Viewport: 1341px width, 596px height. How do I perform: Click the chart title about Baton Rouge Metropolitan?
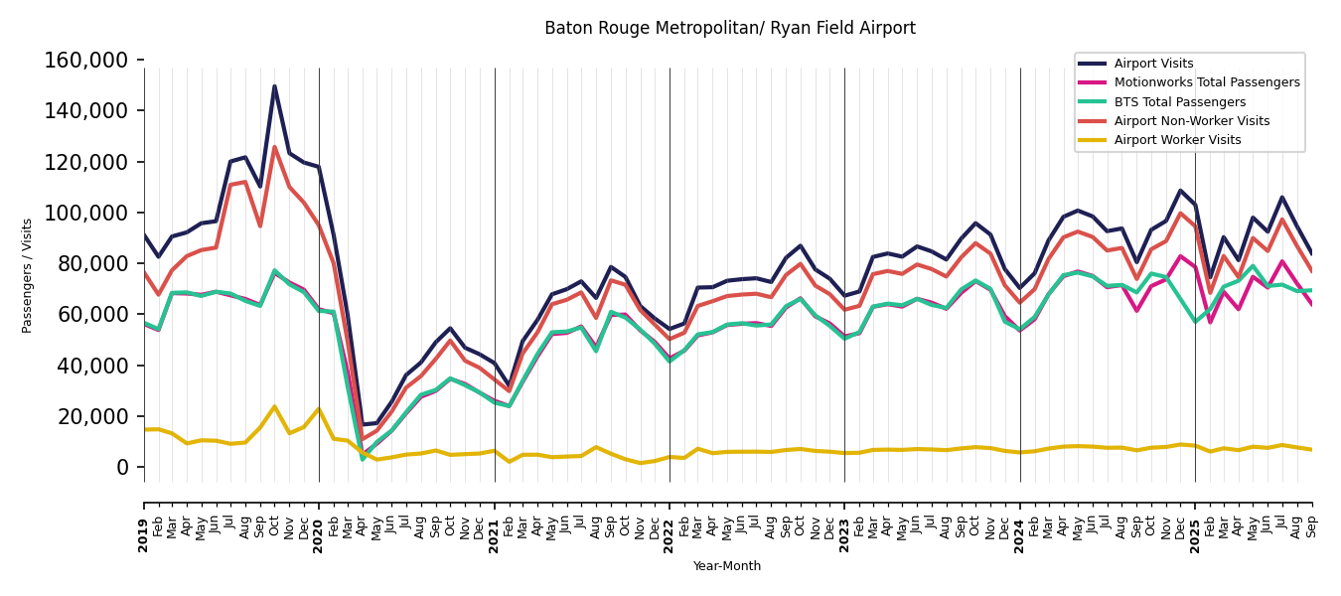(x=729, y=29)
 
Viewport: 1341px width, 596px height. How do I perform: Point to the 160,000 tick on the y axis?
(x=86, y=61)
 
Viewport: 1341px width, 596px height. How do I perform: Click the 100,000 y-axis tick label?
(x=86, y=213)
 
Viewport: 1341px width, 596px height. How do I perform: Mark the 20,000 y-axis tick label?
(x=92, y=416)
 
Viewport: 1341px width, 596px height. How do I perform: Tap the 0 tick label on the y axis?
(x=123, y=467)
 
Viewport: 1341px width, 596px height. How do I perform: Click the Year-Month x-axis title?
(x=727, y=566)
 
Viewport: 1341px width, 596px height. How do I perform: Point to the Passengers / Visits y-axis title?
(x=28, y=275)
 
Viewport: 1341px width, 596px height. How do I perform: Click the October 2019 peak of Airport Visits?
(x=275, y=86)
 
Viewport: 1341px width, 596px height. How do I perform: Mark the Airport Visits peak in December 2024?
(x=1180, y=191)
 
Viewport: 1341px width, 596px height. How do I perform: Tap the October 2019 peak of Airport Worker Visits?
(x=275, y=406)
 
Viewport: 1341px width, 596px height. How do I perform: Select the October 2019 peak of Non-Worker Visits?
(x=275, y=148)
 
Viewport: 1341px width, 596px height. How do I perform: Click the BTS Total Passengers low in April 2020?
(x=363, y=459)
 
